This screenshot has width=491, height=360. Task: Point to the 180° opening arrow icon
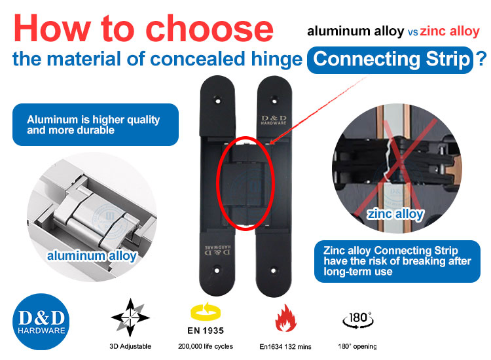358,320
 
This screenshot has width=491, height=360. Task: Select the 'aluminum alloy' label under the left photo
92,255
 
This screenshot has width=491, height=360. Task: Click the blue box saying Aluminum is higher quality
96,124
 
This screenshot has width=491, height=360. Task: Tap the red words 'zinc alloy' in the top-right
451,30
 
